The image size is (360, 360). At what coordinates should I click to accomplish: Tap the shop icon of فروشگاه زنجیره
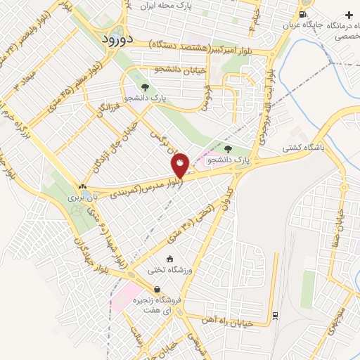tap(156, 289)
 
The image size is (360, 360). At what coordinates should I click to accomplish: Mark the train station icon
tap(275, 314)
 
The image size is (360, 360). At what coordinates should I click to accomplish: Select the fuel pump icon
tap(302, 13)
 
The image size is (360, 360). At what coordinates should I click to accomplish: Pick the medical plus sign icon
tap(350, 15)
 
